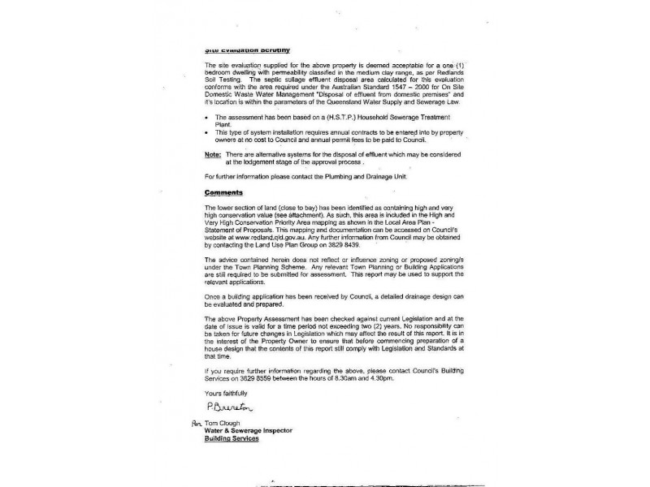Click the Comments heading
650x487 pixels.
point(223,192)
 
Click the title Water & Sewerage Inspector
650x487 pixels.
point(256,431)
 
